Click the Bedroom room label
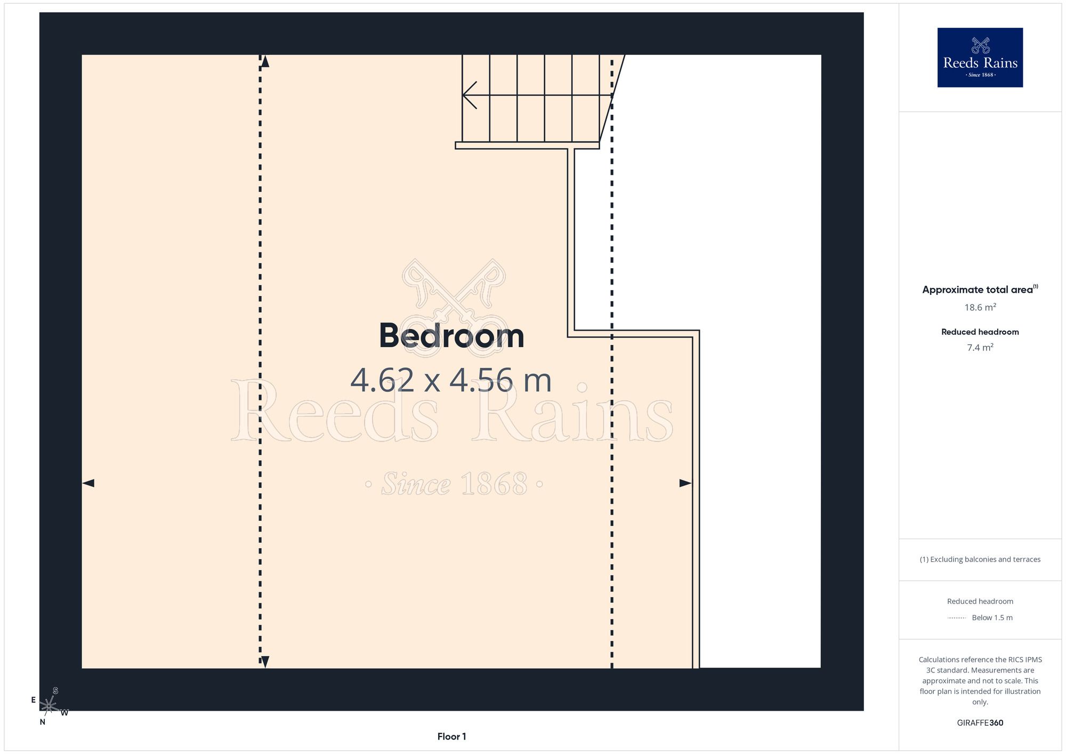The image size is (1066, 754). pos(451,336)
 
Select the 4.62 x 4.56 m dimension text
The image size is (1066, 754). pos(451,380)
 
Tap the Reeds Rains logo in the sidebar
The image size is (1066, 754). pos(980,58)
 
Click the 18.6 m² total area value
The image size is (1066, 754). pos(980,307)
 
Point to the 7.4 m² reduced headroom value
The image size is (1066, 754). pos(980,348)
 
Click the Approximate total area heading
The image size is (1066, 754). pos(980,290)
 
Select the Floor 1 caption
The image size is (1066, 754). pos(451,736)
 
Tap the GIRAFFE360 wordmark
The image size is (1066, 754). pos(980,723)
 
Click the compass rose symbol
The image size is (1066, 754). pos(49,706)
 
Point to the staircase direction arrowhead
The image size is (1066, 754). pos(469,95)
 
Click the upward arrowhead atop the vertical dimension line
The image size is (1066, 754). pos(265,61)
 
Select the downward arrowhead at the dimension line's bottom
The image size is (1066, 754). pos(265,662)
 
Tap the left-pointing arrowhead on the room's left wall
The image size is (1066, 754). pos(88,483)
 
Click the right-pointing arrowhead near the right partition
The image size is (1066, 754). pos(685,483)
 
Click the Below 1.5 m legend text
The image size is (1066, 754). pos(992,617)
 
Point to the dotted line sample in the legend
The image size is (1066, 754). pos(957,618)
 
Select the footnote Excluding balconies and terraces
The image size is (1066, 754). pos(980,559)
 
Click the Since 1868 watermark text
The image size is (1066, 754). pos(455,484)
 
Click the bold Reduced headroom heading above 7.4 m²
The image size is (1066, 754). pos(980,332)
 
